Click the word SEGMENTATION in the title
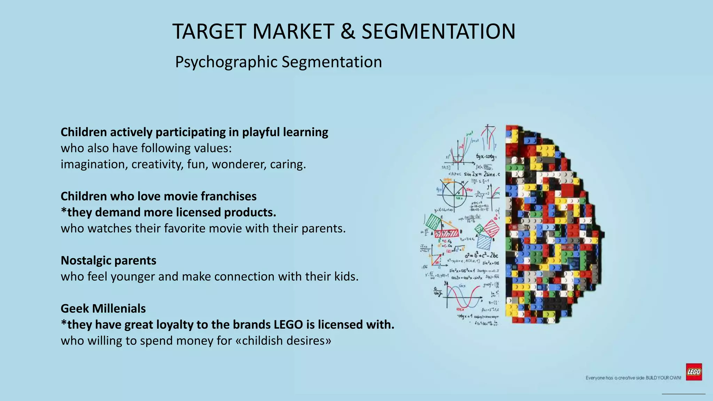(x=438, y=31)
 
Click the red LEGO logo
(x=694, y=372)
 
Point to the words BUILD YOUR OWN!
(x=663, y=378)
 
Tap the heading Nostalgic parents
(x=108, y=260)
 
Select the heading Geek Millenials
(x=103, y=308)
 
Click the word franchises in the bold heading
(x=228, y=196)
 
